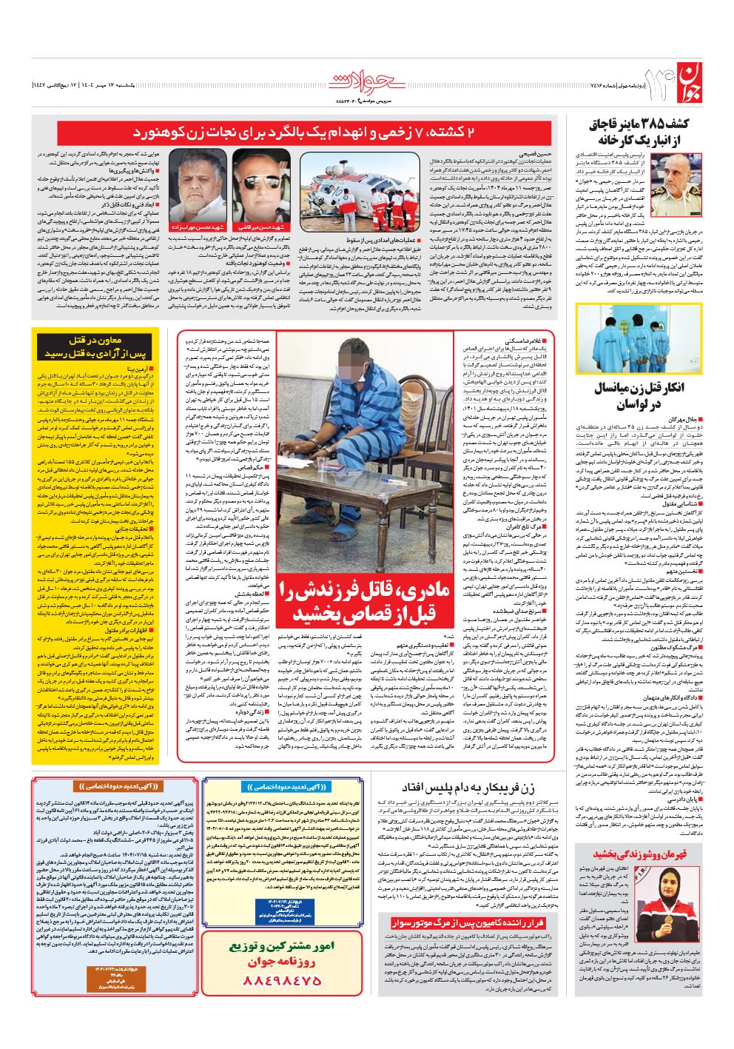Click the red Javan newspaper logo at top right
coord(684,81)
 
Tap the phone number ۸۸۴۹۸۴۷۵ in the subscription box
coord(282,979)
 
